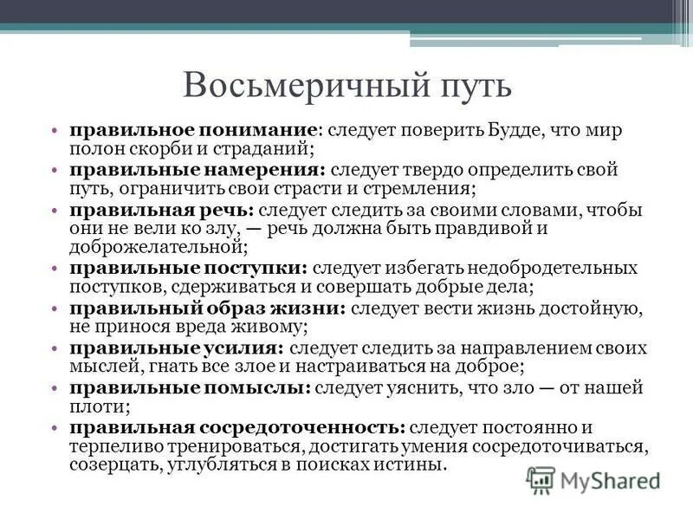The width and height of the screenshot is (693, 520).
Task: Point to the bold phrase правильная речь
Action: click(x=161, y=211)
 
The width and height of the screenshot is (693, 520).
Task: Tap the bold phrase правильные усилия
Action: click(x=176, y=348)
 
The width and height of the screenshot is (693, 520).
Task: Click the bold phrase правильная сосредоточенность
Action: click(x=237, y=428)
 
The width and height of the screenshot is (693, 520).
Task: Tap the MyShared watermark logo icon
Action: click(x=541, y=478)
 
